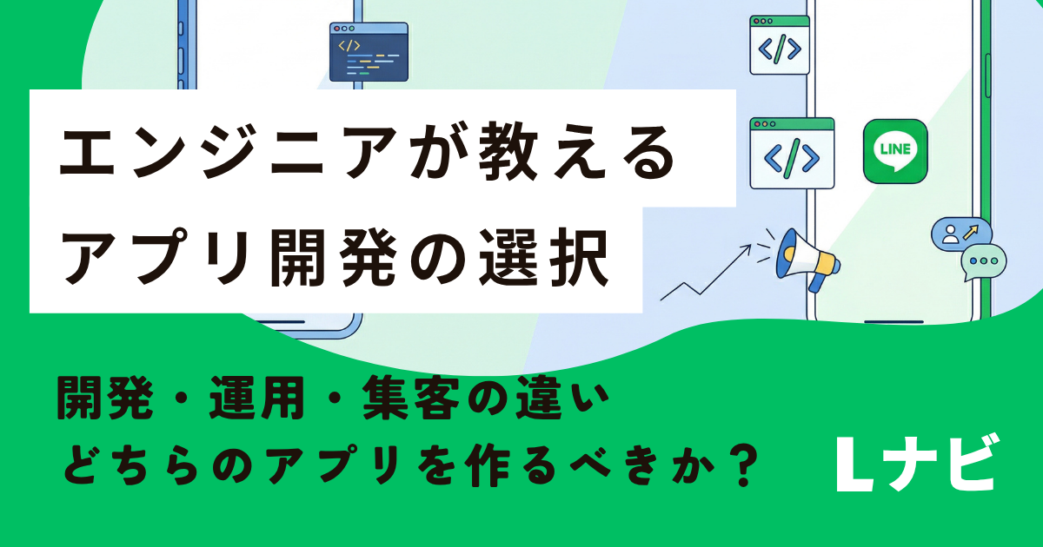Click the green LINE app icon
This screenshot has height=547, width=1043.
(895, 151)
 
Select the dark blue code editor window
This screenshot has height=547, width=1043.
(369, 51)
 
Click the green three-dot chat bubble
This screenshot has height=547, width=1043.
(984, 262)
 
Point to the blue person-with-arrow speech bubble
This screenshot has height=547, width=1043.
(961, 234)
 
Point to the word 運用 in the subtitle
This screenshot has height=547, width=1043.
(256, 398)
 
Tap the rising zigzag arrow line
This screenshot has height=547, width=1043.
(706, 272)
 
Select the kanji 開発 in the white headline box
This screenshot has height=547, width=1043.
(334, 257)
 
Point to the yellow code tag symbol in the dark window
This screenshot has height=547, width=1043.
(349, 45)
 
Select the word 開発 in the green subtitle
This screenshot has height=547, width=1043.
(104, 398)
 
